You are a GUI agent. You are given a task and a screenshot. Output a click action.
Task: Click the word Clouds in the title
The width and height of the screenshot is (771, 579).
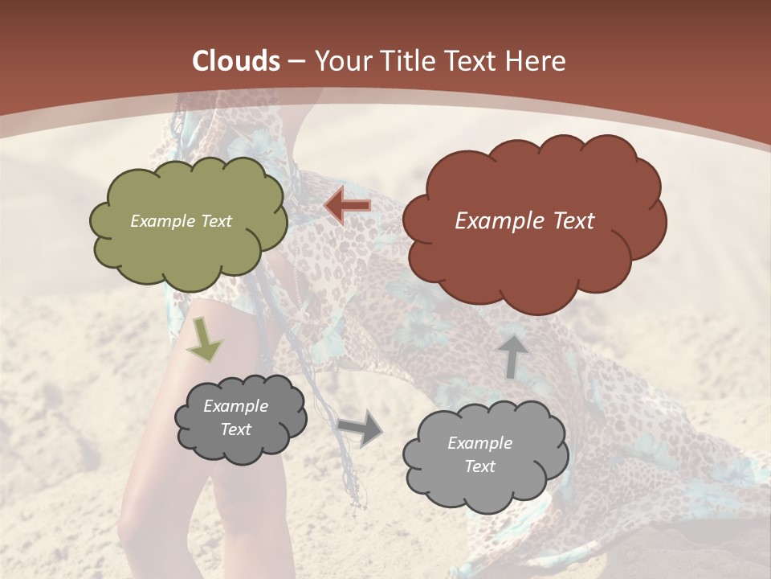(x=236, y=61)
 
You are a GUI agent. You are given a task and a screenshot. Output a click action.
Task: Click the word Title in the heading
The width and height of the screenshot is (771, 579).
(x=410, y=61)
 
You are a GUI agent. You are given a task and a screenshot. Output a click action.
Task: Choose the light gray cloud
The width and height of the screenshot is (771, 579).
(x=485, y=491)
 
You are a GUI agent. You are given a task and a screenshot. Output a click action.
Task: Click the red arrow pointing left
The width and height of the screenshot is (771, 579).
(x=348, y=206)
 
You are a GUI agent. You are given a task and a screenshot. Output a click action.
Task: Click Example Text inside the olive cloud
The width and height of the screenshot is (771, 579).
(x=181, y=221)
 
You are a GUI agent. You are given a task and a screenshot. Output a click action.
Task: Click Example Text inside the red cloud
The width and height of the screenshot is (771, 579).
(x=524, y=221)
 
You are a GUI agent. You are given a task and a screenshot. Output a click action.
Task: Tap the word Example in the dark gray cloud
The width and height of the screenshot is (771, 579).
(x=235, y=406)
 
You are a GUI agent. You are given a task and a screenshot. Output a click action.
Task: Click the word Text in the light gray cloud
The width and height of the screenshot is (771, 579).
(x=479, y=466)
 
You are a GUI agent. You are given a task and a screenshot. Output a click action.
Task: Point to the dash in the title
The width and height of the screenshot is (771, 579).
(x=296, y=61)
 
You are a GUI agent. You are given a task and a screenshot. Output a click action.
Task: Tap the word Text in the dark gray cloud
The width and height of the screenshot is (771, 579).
(x=235, y=429)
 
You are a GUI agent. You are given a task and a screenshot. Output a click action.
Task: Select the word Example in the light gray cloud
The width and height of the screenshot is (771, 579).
(x=479, y=443)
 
